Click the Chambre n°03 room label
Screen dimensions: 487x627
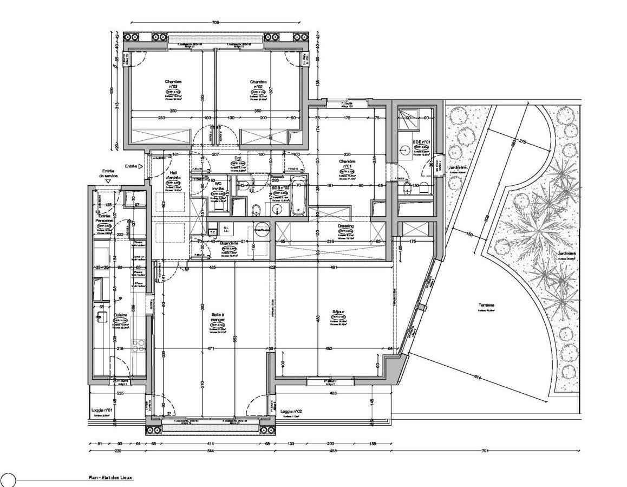[x=174, y=84]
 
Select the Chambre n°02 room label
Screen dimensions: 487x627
[x=257, y=84]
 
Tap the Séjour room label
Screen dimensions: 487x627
[x=339, y=312]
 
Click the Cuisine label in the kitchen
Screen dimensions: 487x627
[x=121, y=314]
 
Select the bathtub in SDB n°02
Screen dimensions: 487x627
[x=298, y=196]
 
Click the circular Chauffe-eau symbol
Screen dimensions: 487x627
[x=262, y=230]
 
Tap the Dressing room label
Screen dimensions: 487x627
[x=345, y=226]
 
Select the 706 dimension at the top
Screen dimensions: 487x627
[x=215, y=23]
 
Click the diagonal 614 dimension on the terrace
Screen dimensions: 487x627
[x=477, y=378]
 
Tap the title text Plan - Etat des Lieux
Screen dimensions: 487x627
[x=110, y=478]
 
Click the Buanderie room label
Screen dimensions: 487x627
[x=229, y=244]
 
